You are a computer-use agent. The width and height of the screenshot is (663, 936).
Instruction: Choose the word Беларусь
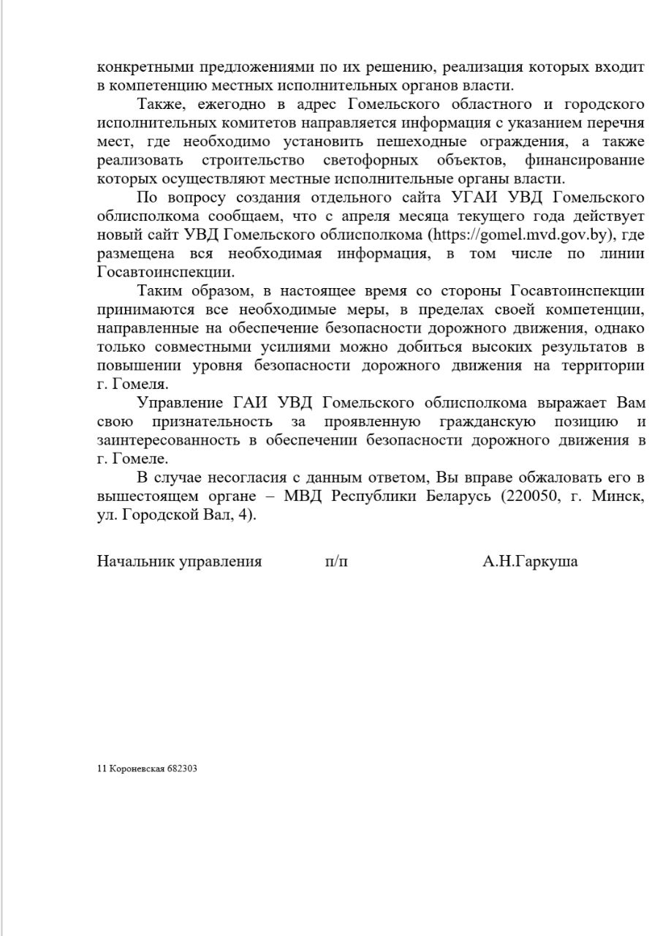[x=441, y=497]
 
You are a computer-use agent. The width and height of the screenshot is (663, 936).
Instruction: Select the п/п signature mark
[x=337, y=562]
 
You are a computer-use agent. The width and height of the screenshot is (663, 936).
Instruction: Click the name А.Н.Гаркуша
[x=530, y=562]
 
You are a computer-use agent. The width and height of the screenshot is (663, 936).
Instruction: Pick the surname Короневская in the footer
[x=136, y=769]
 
